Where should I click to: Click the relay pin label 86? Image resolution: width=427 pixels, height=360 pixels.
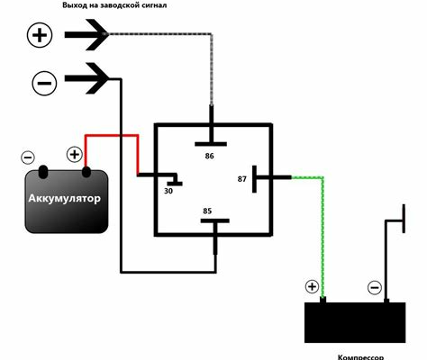(x=209, y=156)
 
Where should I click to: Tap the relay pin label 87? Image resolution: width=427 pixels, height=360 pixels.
(x=241, y=179)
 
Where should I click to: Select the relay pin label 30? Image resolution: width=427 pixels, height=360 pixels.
(x=168, y=191)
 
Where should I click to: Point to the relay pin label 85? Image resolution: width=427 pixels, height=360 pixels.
(x=207, y=211)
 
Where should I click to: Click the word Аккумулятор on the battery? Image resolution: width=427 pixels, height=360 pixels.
(x=64, y=198)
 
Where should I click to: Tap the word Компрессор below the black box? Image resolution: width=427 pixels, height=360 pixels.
(x=360, y=357)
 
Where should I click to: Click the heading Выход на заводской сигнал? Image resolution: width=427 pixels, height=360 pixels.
(x=114, y=5)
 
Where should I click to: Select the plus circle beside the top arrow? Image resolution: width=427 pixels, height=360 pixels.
(x=40, y=35)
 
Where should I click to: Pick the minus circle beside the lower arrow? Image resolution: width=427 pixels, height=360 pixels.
(x=44, y=83)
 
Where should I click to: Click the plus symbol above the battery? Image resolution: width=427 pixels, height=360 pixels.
(x=74, y=155)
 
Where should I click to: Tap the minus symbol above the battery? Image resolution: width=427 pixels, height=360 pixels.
(x=28, y=157)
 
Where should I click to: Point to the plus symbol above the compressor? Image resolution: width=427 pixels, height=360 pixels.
(x=312, y=286)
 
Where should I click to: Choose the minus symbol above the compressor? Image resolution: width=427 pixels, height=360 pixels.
(x=375, y=288)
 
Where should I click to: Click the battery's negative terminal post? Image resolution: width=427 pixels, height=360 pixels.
(x=43, y=171)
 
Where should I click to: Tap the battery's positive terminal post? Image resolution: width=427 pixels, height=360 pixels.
(x=86, y=172)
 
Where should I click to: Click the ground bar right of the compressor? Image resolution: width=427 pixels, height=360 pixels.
(x=404, y=219)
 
